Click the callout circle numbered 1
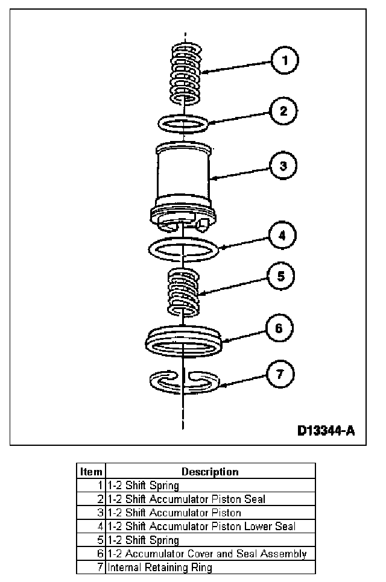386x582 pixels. [286, 61]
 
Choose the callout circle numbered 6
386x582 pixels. [280, 329]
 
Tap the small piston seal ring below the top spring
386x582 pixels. [184, 123]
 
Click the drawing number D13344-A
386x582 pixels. [325, 431]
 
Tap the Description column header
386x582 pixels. [210, 472]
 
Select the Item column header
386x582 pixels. [91, 472]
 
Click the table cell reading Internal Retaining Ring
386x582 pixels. [160, 568]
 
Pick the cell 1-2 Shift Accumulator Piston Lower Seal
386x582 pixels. [201, 527]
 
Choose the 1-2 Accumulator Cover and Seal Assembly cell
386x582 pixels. [207, 554]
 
